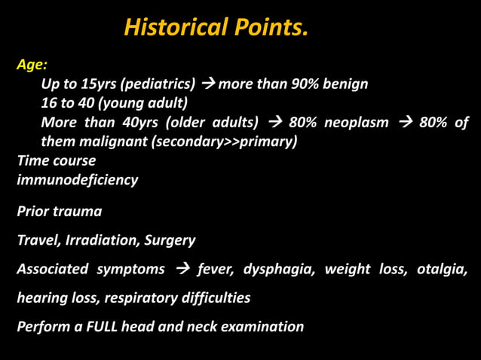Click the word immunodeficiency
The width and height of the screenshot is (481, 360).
77,180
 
